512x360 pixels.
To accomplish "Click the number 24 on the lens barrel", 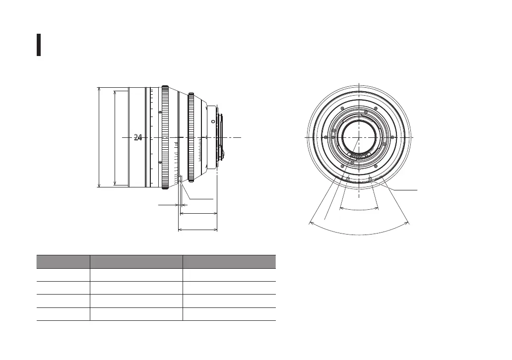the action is pyautogui.click(x=138, y=137).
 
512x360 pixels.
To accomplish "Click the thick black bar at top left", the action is pyautogui.click(x=39, y=45).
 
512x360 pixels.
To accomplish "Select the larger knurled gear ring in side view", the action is pyautogui.click(x=165, y=137).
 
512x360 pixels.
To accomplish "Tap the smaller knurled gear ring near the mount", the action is pyautogui.click(x=191, y=137).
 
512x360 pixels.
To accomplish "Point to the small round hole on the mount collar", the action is pyautogui.click(x=213, y=121).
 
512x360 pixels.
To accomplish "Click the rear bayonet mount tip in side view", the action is pyautogui.click(x=222, y=137).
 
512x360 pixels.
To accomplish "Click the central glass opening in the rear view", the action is pyautogui.click(x=359, y=137).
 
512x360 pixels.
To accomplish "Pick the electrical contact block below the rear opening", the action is pyautogui.click(x=359, y=154).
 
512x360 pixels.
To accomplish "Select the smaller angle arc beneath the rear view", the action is pyautogui.click(x=359, y=209).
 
